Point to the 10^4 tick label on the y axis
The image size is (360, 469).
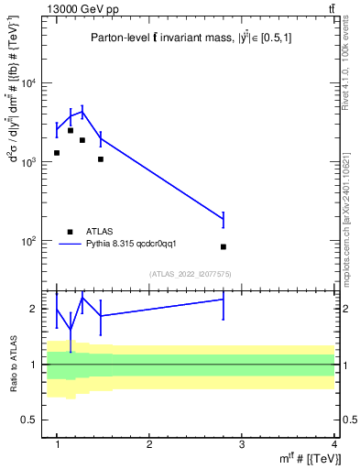coord(28,83)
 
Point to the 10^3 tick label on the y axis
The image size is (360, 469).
coord(28,162)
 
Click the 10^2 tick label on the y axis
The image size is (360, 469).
coord(28,241)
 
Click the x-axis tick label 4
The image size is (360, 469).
coord(333,444)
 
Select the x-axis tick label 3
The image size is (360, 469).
coord(241,444)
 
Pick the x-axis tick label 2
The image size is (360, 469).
coord(149,444)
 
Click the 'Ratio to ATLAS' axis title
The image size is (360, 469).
coord(11,364)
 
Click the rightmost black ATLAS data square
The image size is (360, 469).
coord(224,246)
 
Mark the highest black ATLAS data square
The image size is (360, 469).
coord(71,130)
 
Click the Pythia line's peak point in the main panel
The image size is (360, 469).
coord(82,112)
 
